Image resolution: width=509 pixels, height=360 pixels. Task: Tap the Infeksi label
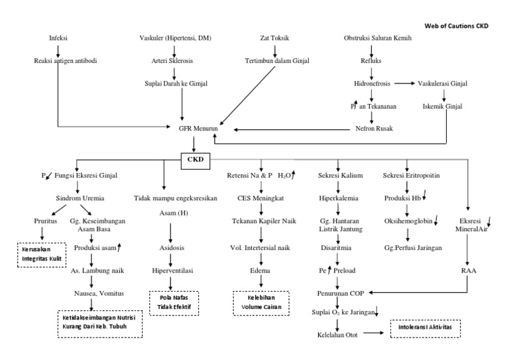(x=58, y=38)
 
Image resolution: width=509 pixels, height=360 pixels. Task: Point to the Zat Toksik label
(x=275, y=38)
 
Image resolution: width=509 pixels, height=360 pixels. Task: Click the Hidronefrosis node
(x=372, y=84)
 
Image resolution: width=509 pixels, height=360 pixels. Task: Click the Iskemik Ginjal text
(x=443, y=105)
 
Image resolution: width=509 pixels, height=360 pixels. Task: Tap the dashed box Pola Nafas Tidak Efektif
(x=173, y=302)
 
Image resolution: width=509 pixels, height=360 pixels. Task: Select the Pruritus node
(x=43, y=220)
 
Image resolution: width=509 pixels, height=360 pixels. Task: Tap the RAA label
(x=467, y=270)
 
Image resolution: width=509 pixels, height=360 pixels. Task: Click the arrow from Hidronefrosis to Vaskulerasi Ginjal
(x=405, y=84)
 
